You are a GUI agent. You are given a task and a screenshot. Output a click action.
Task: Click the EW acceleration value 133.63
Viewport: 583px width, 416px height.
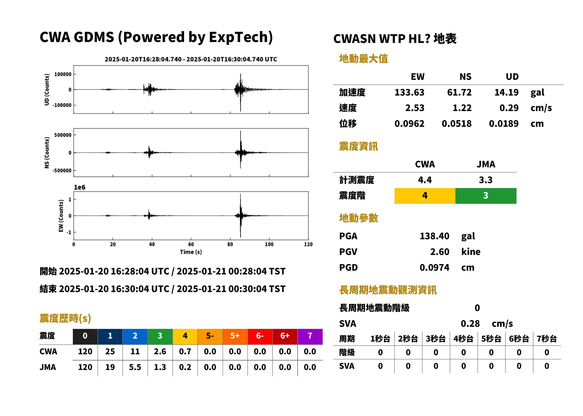tap(409, 92)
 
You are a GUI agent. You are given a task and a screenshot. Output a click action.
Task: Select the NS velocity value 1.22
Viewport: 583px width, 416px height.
tap(462, 108)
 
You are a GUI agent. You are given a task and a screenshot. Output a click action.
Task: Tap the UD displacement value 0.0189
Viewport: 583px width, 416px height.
tap(504, 124)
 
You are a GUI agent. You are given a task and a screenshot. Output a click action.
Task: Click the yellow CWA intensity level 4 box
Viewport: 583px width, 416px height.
tap(425, 196)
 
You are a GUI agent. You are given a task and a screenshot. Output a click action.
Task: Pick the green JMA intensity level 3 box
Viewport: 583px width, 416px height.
tap(486, 196)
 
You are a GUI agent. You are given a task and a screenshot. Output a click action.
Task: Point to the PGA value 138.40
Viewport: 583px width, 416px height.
tap(434, 236)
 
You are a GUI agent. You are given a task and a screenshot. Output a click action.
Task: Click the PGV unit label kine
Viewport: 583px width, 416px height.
tap(471, 252)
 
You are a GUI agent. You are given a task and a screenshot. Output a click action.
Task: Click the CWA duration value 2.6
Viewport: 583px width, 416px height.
tap(160, 351)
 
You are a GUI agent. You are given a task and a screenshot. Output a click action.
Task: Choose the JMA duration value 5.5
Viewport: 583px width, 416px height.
tap(135, 367)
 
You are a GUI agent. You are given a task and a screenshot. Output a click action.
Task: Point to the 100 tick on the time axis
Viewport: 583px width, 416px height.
tap(269, 244)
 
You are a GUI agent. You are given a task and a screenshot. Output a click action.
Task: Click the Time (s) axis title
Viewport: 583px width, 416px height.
tap(191, 252)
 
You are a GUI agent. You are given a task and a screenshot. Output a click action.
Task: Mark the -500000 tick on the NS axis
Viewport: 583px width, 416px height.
tap(62, 171)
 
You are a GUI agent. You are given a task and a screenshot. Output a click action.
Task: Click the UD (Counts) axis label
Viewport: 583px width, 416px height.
tap(47, 89)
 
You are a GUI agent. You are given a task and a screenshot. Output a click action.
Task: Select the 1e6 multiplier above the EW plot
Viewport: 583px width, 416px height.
tap(79, 188)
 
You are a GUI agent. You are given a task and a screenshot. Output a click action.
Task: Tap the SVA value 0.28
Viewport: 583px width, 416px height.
tap(470, 324)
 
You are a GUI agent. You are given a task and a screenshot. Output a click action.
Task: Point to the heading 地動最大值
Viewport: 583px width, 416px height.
tap(364, 59)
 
